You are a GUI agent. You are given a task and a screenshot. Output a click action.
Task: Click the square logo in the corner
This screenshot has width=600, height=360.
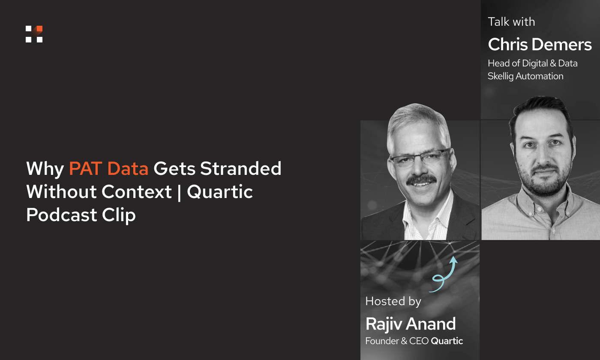pos(34,34)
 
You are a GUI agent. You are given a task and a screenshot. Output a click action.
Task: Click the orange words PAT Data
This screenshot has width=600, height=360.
pos(108,168)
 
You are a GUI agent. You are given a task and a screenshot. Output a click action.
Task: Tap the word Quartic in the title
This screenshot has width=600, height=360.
pos(220,192)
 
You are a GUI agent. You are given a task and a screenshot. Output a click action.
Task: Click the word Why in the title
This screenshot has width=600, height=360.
pos(45,168)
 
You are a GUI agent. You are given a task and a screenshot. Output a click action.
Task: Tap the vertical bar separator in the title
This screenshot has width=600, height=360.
pos(180,192)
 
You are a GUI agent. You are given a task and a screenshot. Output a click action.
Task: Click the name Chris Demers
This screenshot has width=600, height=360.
pos(540,45)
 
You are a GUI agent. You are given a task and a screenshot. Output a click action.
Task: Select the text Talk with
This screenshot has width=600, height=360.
pos(511,22)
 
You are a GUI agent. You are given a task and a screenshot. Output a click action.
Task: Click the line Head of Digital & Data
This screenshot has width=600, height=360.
pos(532,63)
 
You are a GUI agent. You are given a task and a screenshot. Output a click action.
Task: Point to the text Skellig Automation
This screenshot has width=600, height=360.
pos(525,76)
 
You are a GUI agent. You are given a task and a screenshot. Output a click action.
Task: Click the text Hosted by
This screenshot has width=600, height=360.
pos(393,301)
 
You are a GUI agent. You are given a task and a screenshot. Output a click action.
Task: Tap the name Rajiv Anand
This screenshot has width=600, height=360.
pos(411,324)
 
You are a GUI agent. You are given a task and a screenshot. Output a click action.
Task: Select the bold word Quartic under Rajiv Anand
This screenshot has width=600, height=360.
pos(447,341)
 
